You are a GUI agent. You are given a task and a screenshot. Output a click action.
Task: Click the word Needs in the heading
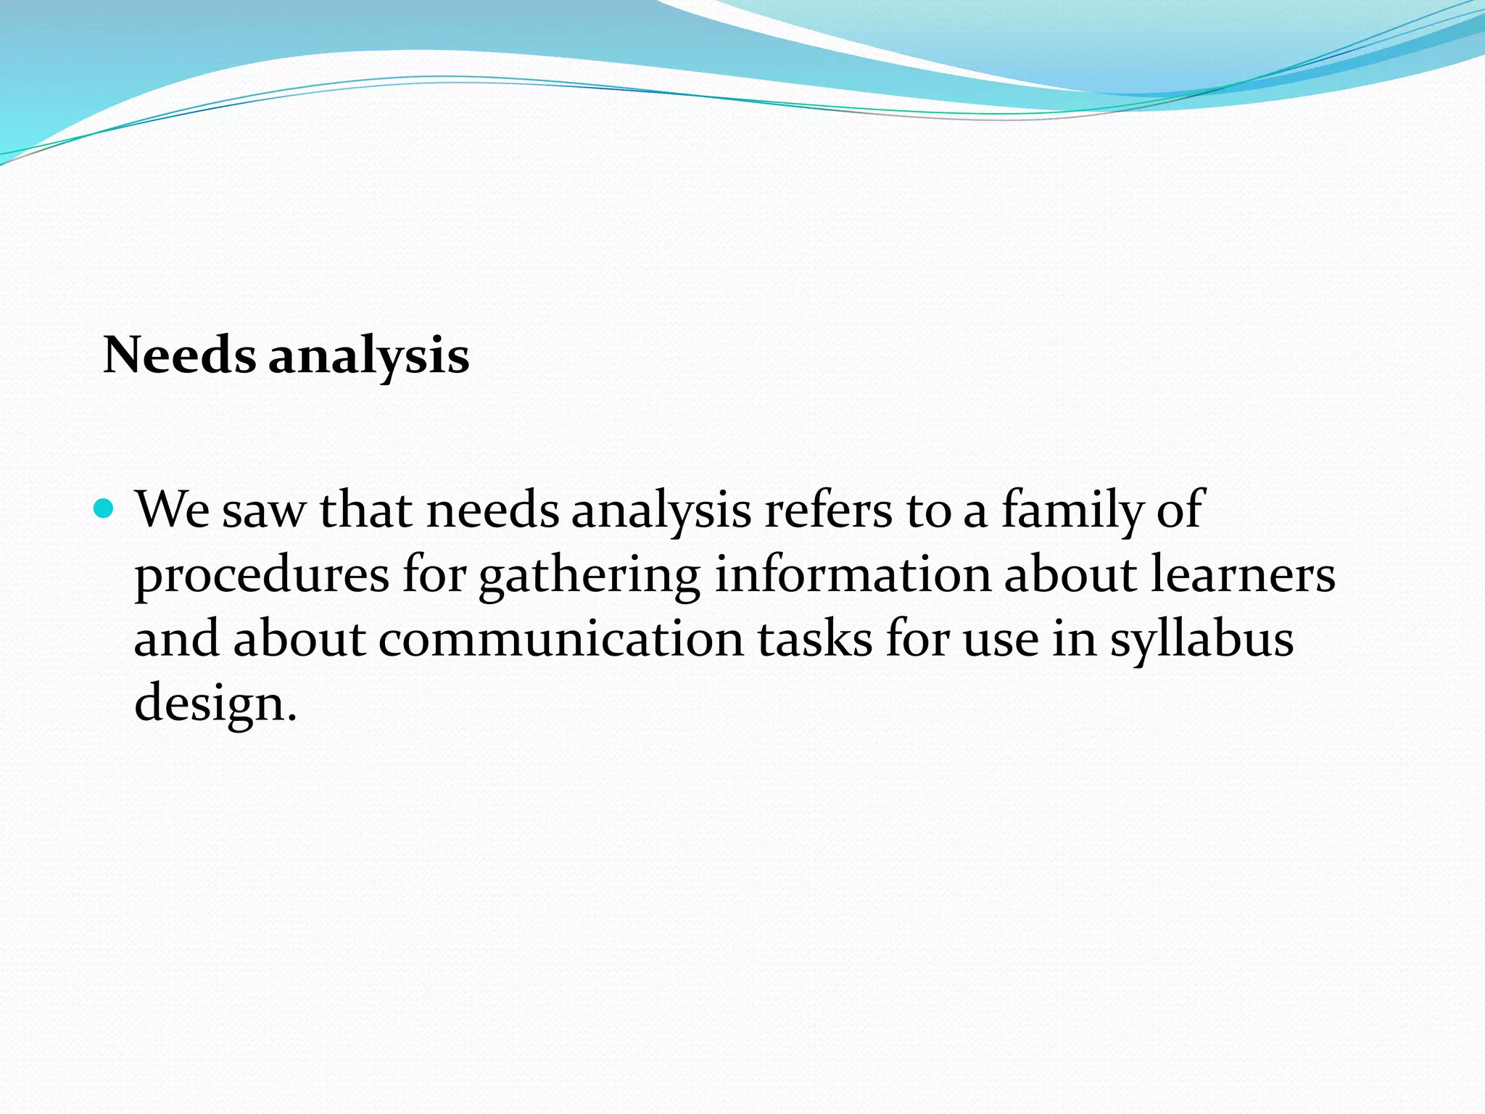coord(179,355)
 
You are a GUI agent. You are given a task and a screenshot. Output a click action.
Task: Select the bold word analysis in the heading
coord(369,357)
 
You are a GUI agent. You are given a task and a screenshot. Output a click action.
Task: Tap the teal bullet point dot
coord(104,508)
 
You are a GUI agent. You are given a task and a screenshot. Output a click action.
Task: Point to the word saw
coord(264,511)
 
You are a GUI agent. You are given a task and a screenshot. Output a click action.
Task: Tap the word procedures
coord(262,576)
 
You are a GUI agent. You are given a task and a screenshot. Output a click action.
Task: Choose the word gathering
coord(589,576)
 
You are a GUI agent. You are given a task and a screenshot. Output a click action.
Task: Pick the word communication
coord(561,640)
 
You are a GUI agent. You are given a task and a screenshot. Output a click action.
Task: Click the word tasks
coord(815,640)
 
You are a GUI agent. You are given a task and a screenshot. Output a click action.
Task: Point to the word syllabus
coord(1201,641)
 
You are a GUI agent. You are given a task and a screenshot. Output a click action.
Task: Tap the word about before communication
coord(299,640)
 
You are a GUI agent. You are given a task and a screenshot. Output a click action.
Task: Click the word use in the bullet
coord(1001,641)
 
